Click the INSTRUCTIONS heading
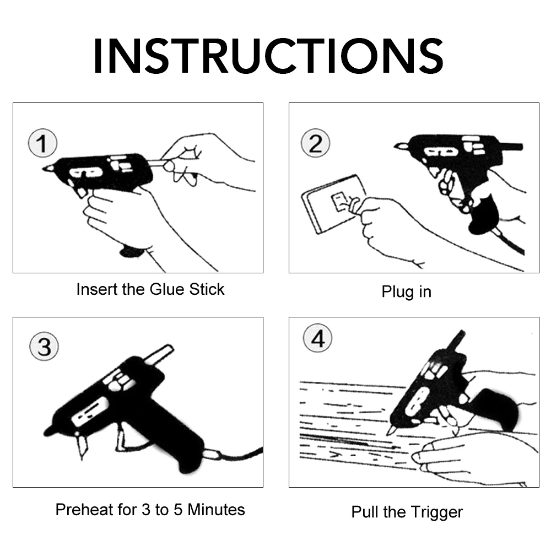[268, 56]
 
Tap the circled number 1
[42, 143]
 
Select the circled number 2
[315, 143]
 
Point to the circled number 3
[44, 347]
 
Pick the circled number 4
[317, 338]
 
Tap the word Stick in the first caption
[207, 289]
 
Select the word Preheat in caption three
[84, 510]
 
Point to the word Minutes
[216, 510]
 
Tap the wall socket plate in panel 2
[334, 204]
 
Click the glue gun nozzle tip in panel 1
[44, 169]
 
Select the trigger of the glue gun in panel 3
[121, 437]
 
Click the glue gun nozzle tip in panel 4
[388, 433]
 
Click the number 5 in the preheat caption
[178, 510]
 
